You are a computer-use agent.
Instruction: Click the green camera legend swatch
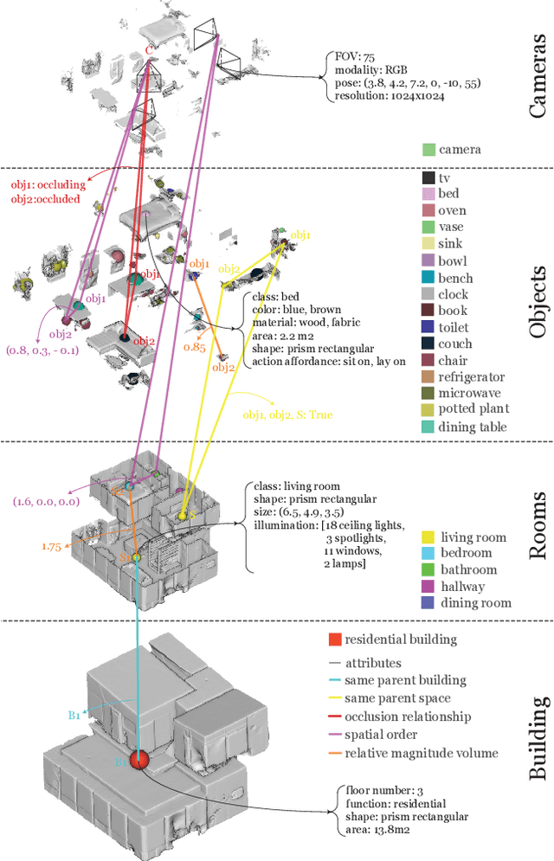point(428,150)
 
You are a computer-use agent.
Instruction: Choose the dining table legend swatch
point(428,426)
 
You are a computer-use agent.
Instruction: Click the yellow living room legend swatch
point(428,537)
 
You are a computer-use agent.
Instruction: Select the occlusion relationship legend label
point(407,716)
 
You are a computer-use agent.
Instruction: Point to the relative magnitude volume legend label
point(421,753)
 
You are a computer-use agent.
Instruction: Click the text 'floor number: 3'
point(375,790)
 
